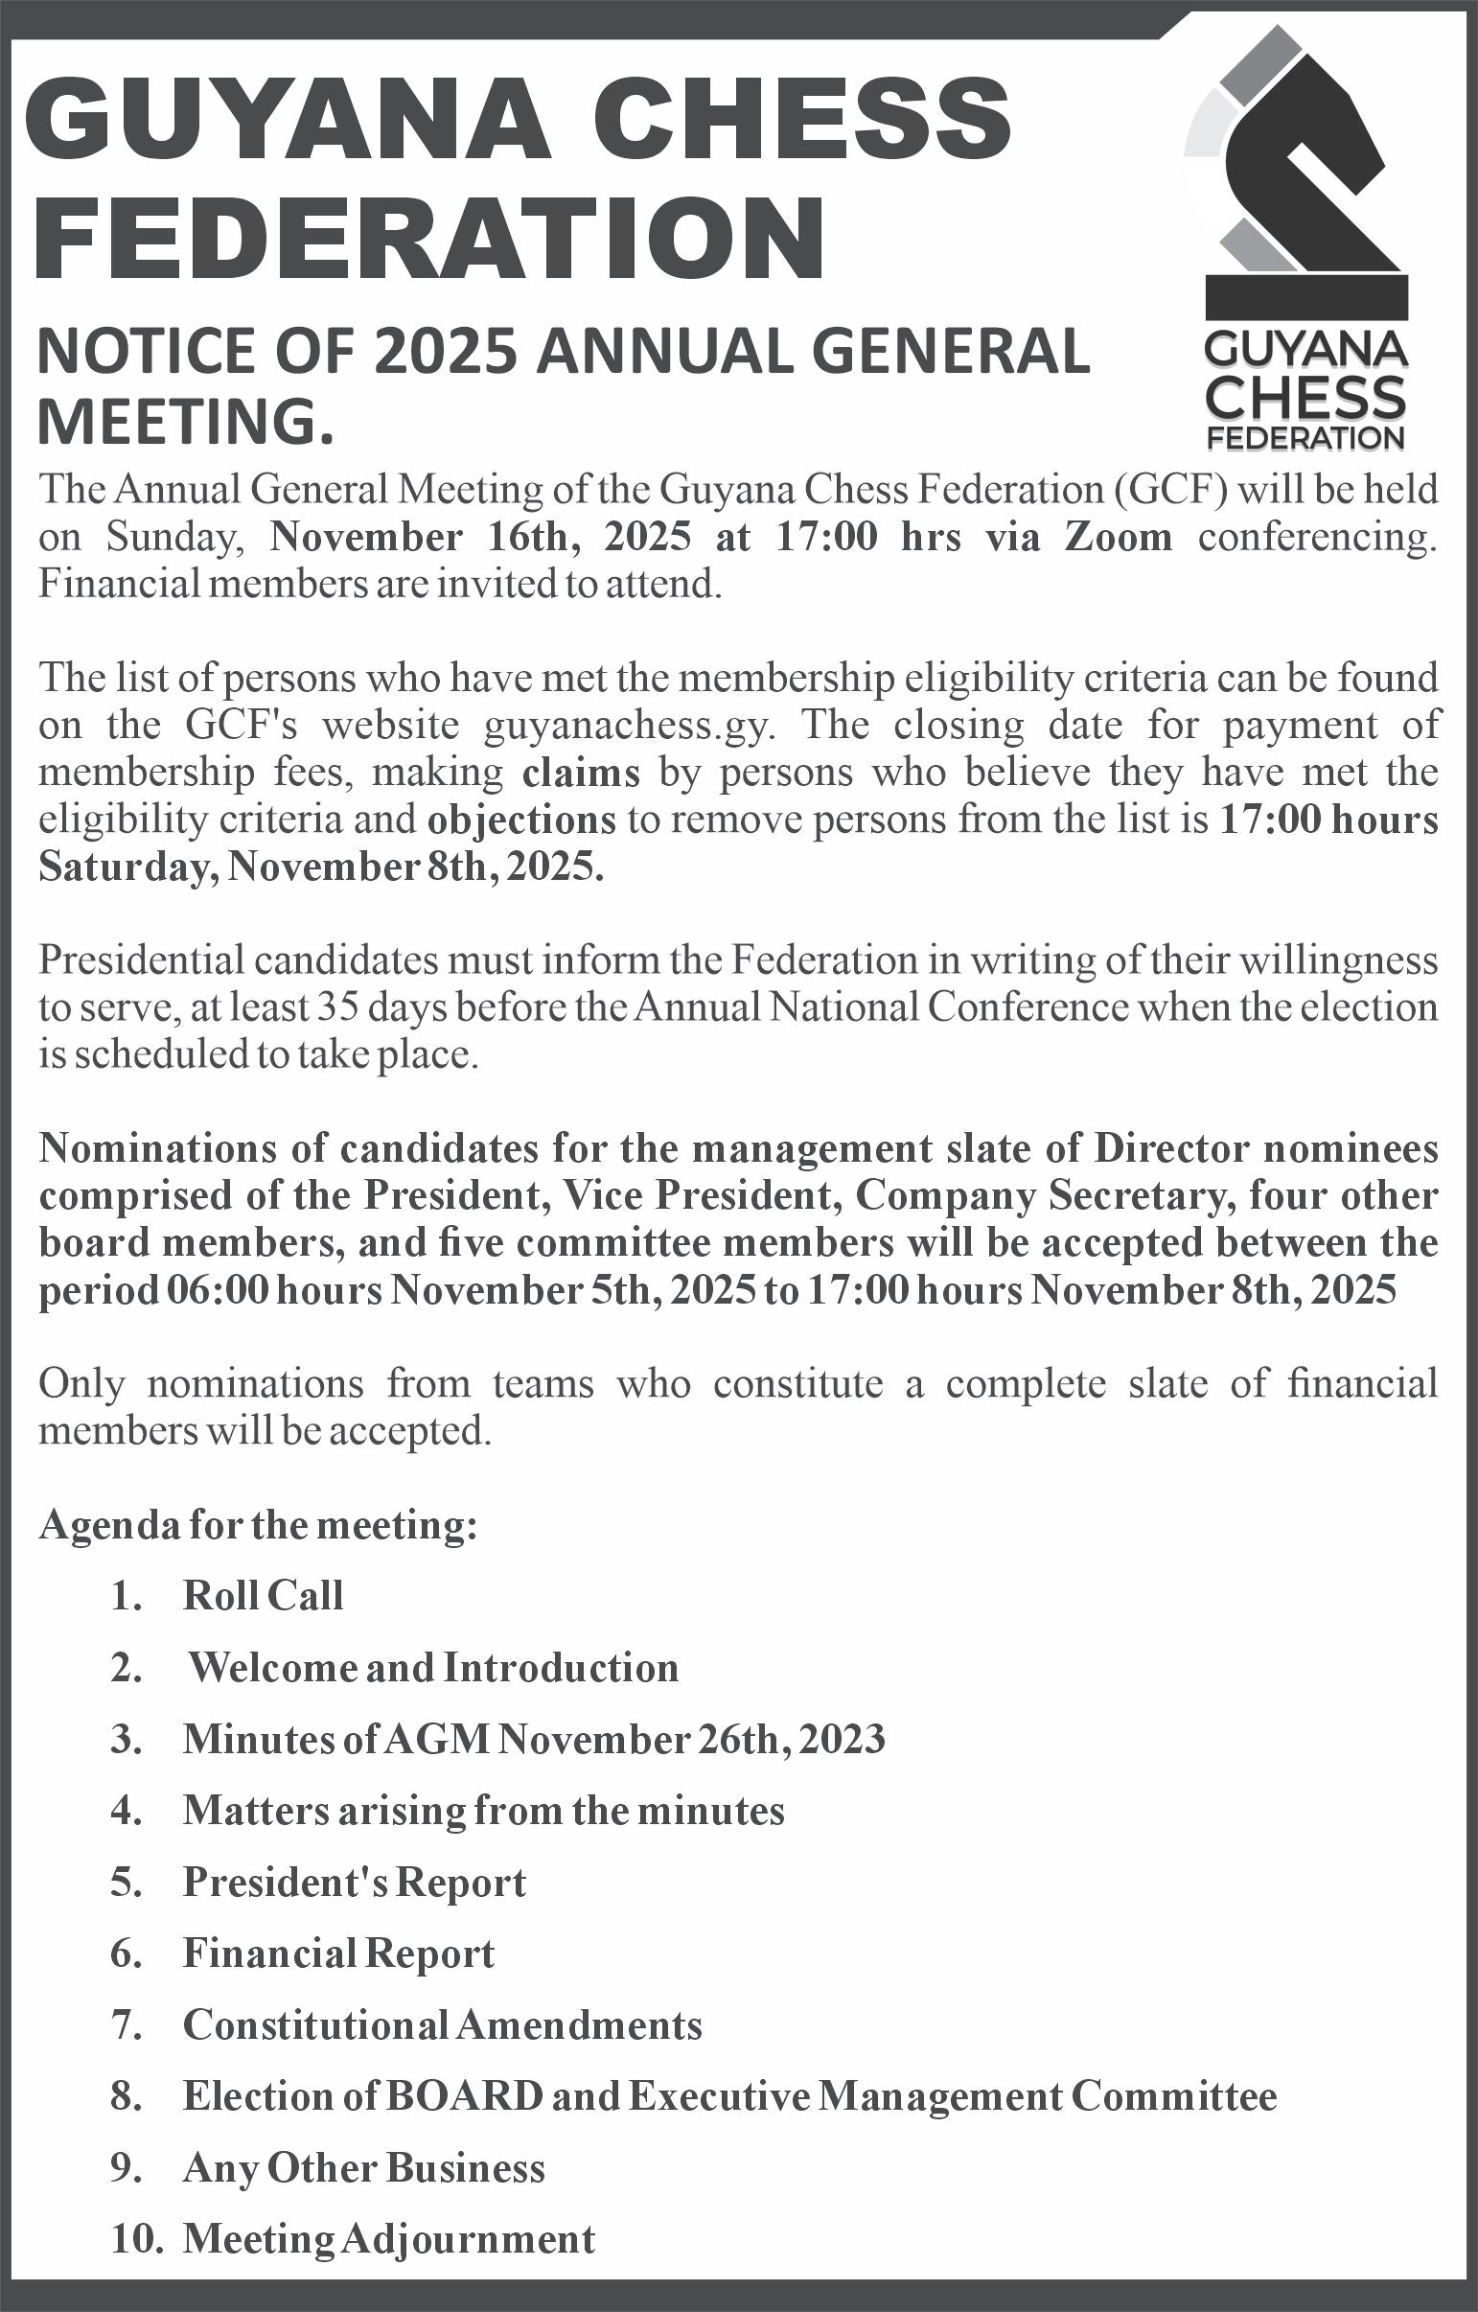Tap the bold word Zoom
point(1118,537)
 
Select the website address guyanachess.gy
point(628,725)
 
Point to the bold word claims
point(581,773)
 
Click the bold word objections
point(521,820)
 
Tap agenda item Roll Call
point(263,1596)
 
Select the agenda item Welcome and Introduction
point(433,1668)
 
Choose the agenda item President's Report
point(355,1882)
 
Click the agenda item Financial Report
point(338,1953)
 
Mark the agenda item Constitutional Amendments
point(442,2025)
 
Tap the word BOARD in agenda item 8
point(464,2096)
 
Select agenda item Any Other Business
point(363,2168)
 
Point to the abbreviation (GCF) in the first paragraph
point(1171,490)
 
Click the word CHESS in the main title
point(801,120)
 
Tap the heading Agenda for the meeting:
point(258,1525)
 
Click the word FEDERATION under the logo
point(1305,439)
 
